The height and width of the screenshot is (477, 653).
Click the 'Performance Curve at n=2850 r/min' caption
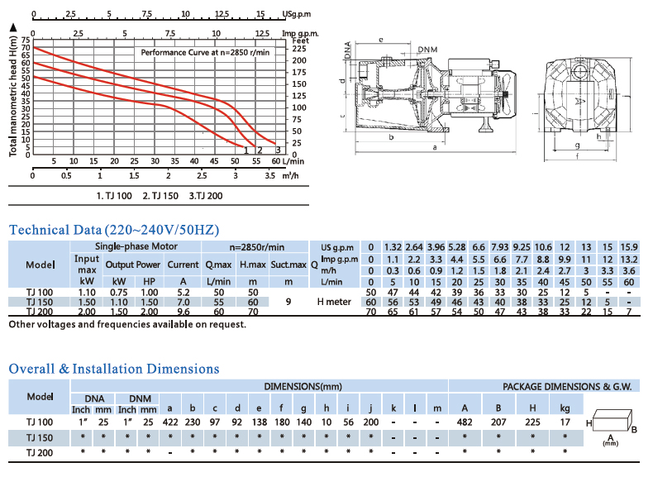(205, 52)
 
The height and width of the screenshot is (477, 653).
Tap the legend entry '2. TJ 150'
(160, 196)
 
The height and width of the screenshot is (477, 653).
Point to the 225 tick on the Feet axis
(299, 48)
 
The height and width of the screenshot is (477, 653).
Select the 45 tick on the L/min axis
(213, 161)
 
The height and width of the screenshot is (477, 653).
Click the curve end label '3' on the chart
(278, 150)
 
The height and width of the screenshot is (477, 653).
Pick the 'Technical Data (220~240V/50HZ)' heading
(114, 230)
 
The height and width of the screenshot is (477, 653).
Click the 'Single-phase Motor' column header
(136, 246)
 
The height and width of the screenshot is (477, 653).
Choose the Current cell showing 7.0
(184, 302)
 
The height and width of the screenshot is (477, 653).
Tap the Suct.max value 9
(288, 302)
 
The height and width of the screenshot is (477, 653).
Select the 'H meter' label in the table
(334, 302)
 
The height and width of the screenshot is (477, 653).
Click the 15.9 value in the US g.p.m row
(629, 247)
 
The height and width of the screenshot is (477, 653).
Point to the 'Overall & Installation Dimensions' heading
(114, 369)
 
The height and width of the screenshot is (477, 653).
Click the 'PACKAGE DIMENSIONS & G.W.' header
(567, 387)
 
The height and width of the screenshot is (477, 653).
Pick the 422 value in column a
(170, 422)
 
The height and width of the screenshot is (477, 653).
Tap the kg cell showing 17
(565, 422)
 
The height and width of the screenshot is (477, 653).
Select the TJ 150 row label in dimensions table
(40, 437)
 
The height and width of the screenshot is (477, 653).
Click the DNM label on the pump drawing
(427, 50)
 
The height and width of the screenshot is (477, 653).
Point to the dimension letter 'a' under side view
(435, 147)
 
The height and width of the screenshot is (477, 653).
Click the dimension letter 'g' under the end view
(577, 145)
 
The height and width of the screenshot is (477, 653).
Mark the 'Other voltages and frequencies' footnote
(127, 324)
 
